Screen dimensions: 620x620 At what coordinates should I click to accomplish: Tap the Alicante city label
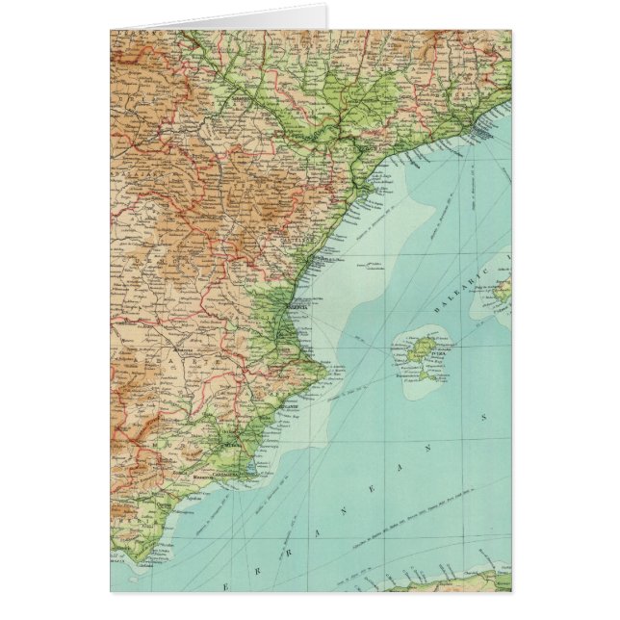(280, 407)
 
